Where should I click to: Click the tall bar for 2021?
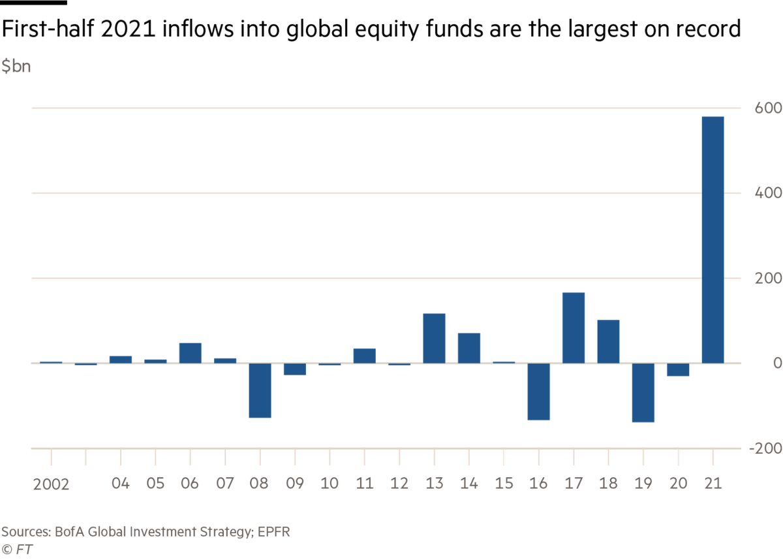pyautogui.click(x=713, y=239)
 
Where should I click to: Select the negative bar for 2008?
pyautogui.click(x=260, y=390)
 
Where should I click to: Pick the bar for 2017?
pyautogui.click(x=574, y=327)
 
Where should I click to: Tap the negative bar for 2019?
pyautogui.click(x=643, y=393)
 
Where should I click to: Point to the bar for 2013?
pyautogui.click(x=435, y=338)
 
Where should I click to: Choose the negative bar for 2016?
pyautogui.click(x=539, y=392)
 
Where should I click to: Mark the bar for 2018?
pyautogui.click(x=608, y=341)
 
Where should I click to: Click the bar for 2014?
pyautogui.click(x=469, y=348)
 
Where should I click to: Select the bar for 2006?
pyautogui.click(x=190, y=352)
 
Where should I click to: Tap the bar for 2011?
pyautogui.click(x=364, y=356)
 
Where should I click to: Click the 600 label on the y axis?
pyautogui.click(x=769, y=108)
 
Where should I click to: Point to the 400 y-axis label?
pyautogui.click(x=769, y=194)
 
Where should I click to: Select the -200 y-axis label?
pyautogui.click(x=765, y=449)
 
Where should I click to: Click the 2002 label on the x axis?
pyautogui.click(x=51, y=484)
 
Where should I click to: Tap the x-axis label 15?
pyautogui.click(x=504, y=484)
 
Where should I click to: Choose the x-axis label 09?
pyautogui.click(x=295, y=484)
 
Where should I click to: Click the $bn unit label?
pyautogui.click(x=16, y=67)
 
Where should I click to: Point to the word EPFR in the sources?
pyautogui.click(x=273, y=531)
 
